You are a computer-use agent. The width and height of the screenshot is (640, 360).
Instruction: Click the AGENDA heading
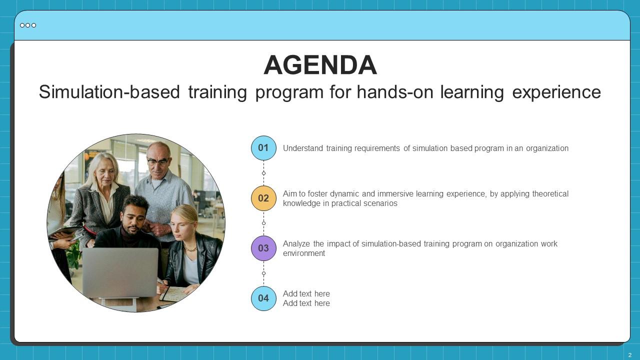pos(320,65)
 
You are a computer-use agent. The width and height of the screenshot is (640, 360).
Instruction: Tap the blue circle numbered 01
pos(263,148)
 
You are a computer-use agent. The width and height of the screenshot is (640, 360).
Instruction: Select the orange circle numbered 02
pos(263,198)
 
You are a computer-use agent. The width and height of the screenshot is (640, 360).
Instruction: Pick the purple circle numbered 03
pos(263,248)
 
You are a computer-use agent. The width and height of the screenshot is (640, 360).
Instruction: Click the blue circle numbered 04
pos(263,298)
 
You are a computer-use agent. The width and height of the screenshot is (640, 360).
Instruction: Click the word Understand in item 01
pos(302,148)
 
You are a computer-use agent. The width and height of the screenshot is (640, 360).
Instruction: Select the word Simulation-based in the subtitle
pos(108,92)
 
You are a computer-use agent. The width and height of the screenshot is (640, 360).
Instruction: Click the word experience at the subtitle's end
pos(556,92)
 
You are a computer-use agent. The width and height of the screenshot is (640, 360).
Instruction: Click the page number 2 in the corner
pos(630,355)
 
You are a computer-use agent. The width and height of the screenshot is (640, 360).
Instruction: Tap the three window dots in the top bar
pos(28,25)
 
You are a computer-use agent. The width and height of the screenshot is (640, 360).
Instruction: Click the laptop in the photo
pos(120,272)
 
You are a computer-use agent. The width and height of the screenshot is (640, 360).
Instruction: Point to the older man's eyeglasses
pos(157,162)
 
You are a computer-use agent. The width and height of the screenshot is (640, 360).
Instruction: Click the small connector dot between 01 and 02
pos(263,173)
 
